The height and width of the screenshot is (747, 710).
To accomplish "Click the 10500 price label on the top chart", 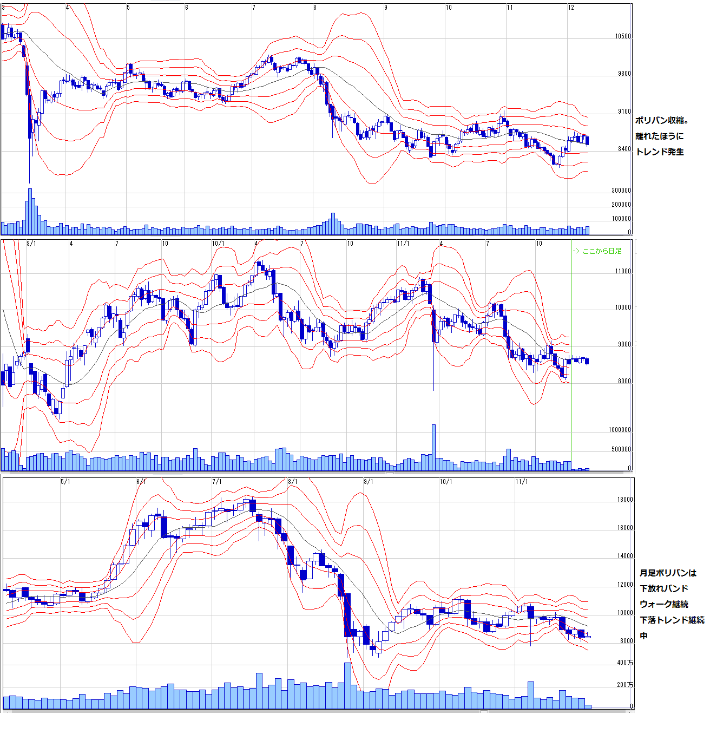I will coord(623,36).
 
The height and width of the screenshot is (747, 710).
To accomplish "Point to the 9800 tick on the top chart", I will coord(624,74).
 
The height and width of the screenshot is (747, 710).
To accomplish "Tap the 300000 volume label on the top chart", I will coord(621,191).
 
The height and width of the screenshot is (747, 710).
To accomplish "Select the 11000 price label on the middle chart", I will coord(623,271).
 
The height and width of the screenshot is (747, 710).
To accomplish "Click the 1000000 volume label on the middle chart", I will coord(620,430).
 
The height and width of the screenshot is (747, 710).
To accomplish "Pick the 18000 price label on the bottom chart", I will coord(625,500).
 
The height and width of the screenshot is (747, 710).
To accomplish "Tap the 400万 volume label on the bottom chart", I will coord(625,663).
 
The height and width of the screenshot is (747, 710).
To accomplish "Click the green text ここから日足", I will coord(601,251).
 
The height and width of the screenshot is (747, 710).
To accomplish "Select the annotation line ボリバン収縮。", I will coord(662,120).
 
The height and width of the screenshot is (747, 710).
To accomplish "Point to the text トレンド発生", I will coord(660,152).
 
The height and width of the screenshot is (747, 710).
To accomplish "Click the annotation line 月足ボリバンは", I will coord(668,573).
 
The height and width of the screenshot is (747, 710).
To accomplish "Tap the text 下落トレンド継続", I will coord(672,620).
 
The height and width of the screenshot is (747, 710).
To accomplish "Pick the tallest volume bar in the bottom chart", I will coord(348,685).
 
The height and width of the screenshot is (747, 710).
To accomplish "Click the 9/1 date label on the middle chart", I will coord(31,244).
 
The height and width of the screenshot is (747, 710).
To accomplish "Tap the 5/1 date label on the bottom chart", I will coord(65,481).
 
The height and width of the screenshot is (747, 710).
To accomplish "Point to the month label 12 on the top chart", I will coord(571,8).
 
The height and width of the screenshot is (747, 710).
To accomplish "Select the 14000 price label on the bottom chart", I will coord(625,556).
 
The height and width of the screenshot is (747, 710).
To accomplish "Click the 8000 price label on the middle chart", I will coord(624,381).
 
